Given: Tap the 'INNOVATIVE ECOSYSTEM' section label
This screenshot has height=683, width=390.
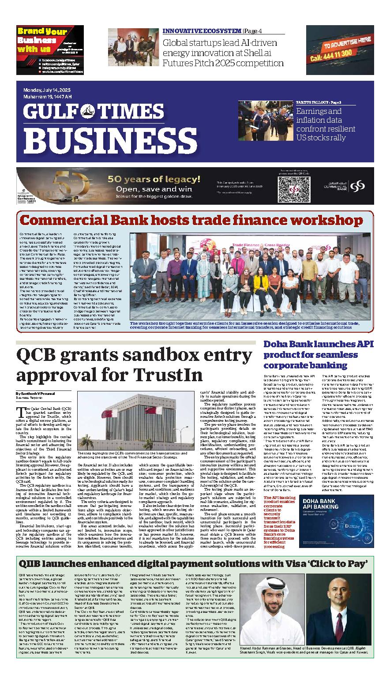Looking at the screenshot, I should coord(202,31).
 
